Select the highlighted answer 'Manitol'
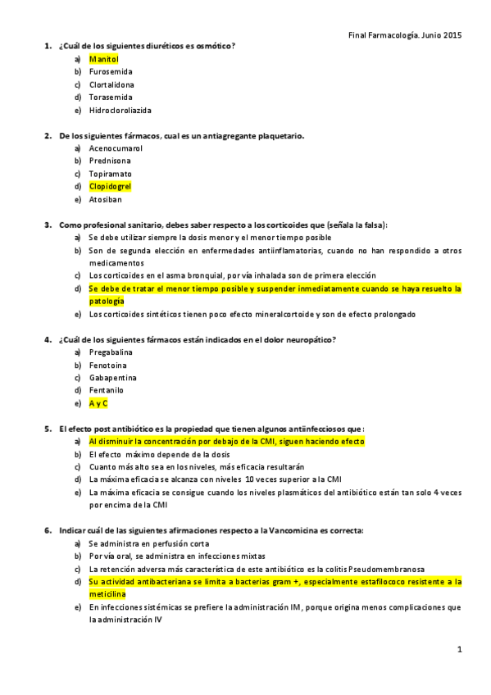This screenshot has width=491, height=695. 104,59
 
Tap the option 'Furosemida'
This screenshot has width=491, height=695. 111,71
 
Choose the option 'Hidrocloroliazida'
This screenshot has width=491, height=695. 120,110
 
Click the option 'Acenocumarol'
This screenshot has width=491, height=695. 116,148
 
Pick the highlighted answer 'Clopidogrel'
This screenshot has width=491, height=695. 110,186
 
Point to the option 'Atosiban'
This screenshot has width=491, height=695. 106,199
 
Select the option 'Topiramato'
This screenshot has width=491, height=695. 111,174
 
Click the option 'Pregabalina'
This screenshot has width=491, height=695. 111,352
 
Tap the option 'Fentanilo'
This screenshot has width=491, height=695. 107,390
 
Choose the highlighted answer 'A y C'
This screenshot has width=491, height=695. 98,403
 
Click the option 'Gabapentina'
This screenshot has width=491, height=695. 111,377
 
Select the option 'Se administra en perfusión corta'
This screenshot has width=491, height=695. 148,543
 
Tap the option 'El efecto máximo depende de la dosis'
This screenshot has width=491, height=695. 159,454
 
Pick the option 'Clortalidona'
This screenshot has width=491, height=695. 112,84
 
